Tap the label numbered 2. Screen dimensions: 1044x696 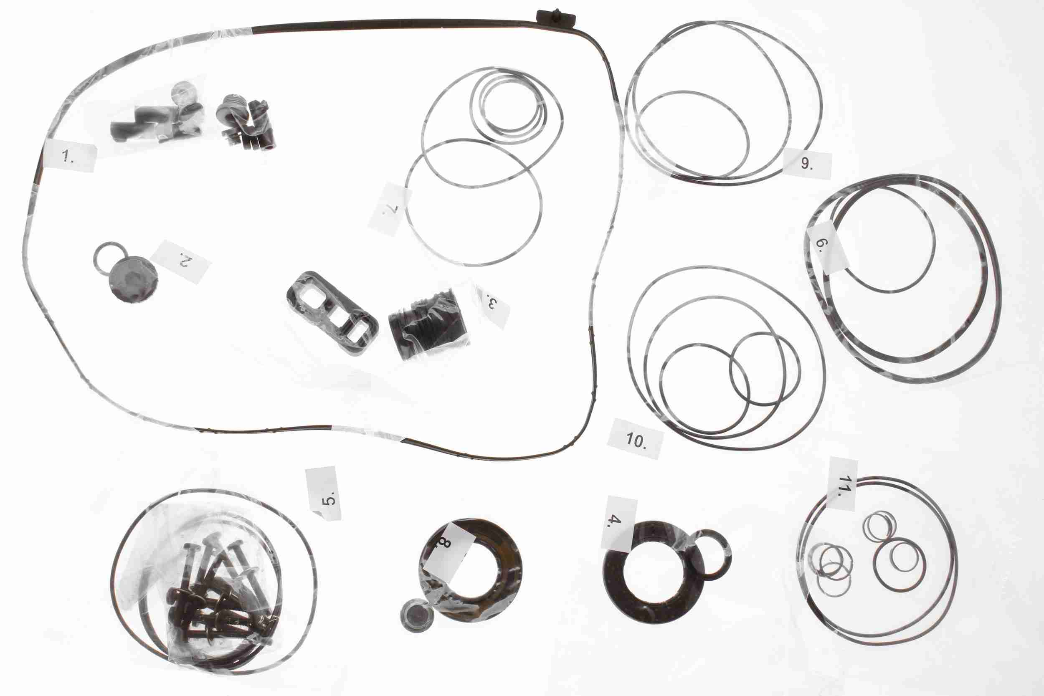tap(181, 262)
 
